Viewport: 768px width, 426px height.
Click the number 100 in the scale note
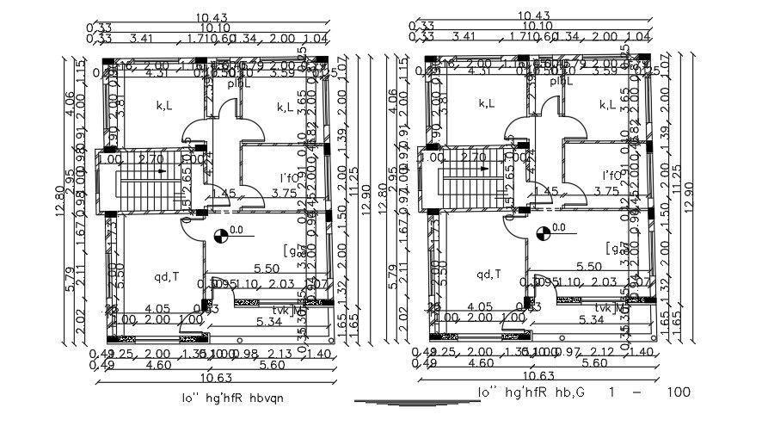[679, 392]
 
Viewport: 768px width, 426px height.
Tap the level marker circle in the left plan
[220, 233]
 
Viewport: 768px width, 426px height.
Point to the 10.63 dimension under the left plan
[219, 376]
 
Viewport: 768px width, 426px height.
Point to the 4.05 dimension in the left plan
[157, 307]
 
